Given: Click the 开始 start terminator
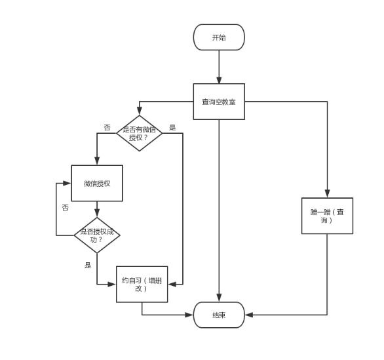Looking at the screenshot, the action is [219, 37].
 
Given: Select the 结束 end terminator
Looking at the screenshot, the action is [219, 315].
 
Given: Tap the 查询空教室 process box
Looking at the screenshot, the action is [219, 102].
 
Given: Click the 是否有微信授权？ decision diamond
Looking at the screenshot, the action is [140, 133].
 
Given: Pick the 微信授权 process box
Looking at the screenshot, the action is [97, 184].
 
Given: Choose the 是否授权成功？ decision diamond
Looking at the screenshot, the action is [97, 235].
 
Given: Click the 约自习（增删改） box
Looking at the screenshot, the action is [142, 285].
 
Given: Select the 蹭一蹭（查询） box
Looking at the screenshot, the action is [327, 216].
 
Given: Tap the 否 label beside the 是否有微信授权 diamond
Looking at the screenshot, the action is [107, 127].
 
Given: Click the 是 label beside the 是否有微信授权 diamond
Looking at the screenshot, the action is [172, 127].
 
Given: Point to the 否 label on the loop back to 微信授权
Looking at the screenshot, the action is [65, 208].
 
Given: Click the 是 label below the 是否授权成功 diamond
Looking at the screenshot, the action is [88, 265].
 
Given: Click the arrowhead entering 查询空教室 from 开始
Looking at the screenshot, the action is [219, 80].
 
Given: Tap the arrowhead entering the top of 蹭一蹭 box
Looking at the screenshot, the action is [327, 193].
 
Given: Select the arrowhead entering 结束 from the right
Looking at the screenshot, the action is [249, 315].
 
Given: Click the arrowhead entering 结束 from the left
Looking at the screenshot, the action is [189, 315].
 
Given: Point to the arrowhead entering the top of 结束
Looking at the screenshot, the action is [219, 298].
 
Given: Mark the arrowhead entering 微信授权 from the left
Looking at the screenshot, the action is [67, 184].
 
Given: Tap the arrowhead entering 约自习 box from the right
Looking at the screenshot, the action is [172, 285].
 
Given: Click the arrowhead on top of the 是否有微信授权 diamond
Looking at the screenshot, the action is [140, 111].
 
